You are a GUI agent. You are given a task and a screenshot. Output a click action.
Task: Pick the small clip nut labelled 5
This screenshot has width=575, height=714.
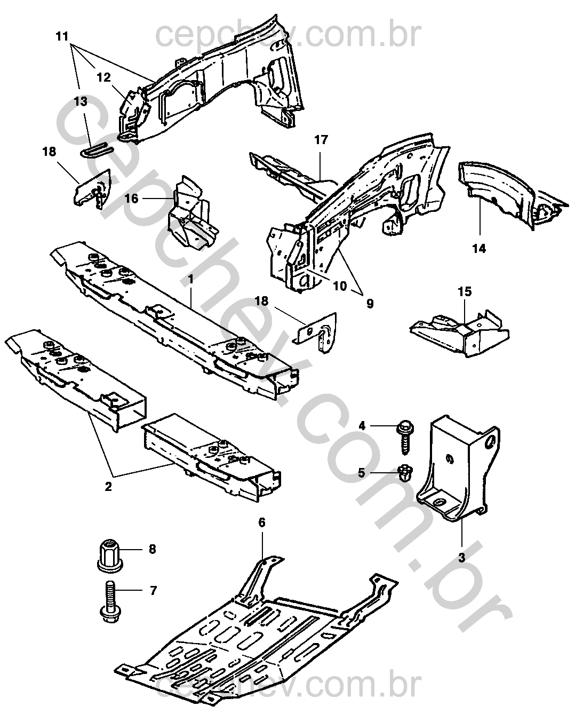coord(405,472)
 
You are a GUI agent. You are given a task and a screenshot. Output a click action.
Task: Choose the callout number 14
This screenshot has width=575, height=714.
coord(479,248)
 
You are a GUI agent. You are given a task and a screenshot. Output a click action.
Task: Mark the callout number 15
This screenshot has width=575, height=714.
coord(465,292)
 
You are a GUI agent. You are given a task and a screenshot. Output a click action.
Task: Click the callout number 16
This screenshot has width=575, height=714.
coord(132,199)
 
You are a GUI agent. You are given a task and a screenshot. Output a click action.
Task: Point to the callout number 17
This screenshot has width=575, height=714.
coord(321,140)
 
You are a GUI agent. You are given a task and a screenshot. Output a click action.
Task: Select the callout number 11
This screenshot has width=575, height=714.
coord(62,37)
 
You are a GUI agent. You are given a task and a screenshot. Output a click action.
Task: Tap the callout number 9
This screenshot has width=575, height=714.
coord(370,304)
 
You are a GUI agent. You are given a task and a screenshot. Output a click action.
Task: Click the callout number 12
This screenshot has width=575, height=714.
coord(103,77)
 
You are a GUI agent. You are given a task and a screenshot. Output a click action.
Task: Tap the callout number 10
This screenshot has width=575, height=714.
coord(340,285)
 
